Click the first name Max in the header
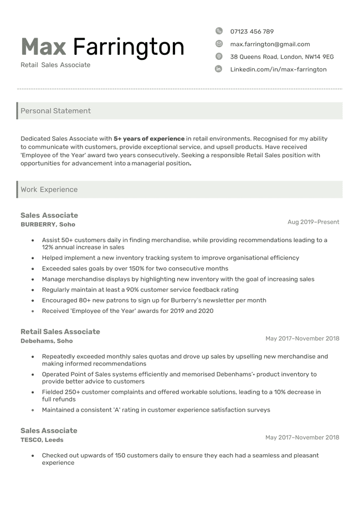(43, 47)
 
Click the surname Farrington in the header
(128, 47)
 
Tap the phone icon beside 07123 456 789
(219, 31)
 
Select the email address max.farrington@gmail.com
(270, 44)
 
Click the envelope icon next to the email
(219, 44)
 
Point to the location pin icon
(219, 56)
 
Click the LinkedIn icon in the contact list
(219, 69)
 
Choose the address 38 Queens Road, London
(281, 57)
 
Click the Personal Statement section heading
(55, 111)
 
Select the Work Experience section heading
(49, 189)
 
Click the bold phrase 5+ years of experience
(149, 138)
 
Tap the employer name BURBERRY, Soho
(48, 224)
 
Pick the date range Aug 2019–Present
(313, 222)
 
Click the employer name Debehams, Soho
(47, 341)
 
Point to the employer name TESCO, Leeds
(42, 440)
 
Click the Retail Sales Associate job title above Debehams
(60, 331)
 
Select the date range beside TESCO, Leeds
(302, 438)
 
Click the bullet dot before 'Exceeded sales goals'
(33, 269)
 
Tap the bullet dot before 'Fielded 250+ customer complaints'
(33, 392)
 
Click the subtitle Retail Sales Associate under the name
(55, 65)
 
